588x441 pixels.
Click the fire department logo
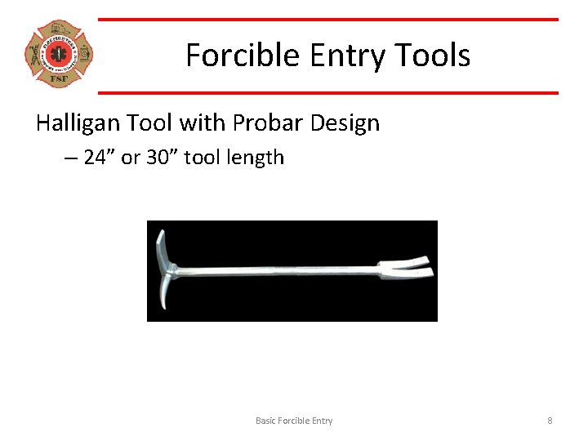58,55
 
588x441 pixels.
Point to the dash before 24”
70,158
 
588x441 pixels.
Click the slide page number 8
550,421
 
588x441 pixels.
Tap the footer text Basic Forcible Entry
294,421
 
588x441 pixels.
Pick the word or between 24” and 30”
131,158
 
